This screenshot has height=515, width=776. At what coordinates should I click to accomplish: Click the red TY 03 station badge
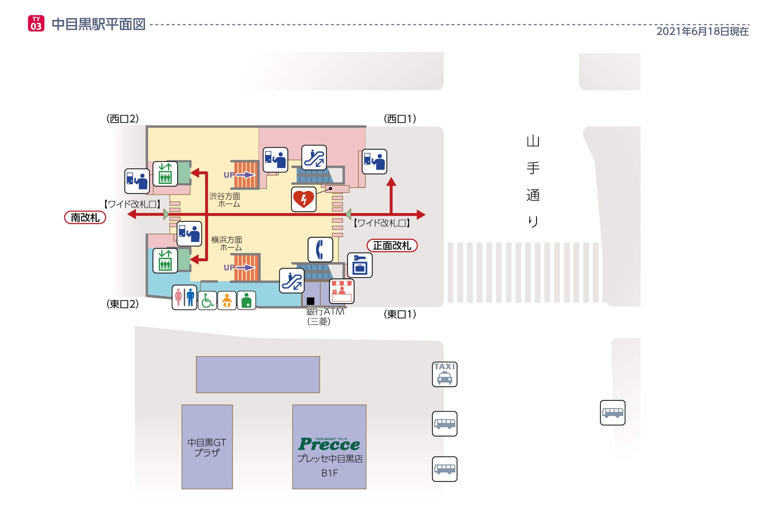pos(36,23)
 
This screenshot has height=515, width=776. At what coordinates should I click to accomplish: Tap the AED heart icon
pos(304,199)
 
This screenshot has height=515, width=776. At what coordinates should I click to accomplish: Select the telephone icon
pos(320,249)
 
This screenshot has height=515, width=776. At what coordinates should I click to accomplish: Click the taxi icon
pos(444,374)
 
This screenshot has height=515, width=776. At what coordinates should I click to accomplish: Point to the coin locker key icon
pos(360,265)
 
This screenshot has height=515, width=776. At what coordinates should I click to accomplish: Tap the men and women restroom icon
pos(184,297)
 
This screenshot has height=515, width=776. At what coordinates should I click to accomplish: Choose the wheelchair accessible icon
pos(207,300)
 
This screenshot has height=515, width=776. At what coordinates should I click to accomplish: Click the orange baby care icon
pos(227,300)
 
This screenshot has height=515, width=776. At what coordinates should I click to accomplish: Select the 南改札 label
pos(85,217)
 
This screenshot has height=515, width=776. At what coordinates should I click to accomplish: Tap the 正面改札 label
pos(392,245)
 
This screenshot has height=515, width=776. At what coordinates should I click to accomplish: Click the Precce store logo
pos(329,444)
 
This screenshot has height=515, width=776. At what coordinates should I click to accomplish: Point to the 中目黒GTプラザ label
pos(207,447)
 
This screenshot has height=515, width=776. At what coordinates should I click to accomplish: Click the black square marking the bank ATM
pos(310,301)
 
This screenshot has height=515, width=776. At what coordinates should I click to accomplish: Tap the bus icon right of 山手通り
pos(612,412)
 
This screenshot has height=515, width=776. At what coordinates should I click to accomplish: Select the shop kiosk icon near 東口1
pos(341,291)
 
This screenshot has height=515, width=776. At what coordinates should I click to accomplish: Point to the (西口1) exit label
pos(400,119)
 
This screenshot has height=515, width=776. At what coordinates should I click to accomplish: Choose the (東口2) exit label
pos(122,304)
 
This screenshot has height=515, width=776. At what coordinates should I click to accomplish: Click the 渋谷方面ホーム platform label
pos(225,200)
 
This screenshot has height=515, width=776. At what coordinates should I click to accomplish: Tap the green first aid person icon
pos(246,300)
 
